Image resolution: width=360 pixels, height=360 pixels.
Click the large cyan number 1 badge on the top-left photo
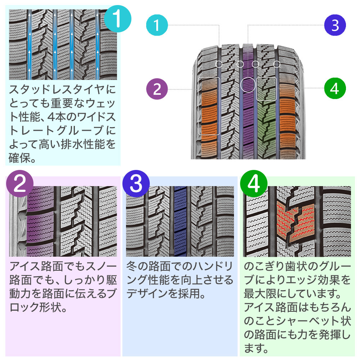click(118, 19)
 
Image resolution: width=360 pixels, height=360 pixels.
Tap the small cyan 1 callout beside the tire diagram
click(157, 25)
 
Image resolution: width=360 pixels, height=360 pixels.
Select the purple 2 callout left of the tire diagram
click(157, 89)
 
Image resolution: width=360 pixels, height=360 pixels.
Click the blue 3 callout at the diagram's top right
click(335, 25)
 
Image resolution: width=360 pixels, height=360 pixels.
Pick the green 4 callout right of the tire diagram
click(335, 89)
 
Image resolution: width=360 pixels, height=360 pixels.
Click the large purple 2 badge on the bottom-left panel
click(20, 184)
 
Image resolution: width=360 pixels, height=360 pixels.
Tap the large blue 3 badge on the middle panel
click(136, 184)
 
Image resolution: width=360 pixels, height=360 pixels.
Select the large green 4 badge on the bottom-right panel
click(254, 184)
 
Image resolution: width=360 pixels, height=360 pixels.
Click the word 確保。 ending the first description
click(22, 158)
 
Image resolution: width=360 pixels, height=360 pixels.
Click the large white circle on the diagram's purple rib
click(248, 85)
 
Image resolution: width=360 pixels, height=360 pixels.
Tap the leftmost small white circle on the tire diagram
click(219, 64)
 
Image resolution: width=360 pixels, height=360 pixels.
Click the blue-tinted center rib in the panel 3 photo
click(180, 221)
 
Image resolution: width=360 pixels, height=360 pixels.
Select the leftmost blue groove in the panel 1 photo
click(30, 45)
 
